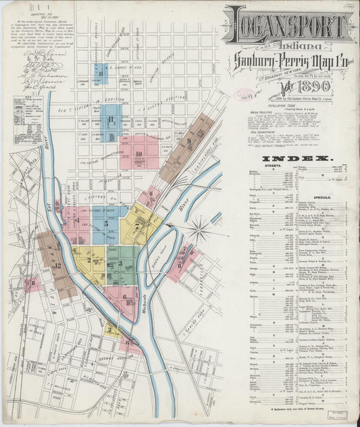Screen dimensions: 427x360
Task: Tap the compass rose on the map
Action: [199, 230]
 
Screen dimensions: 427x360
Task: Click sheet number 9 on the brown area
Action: [190, 141]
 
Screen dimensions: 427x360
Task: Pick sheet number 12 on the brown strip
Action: [57, 266]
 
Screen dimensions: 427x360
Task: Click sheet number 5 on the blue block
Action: [106, 223]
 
